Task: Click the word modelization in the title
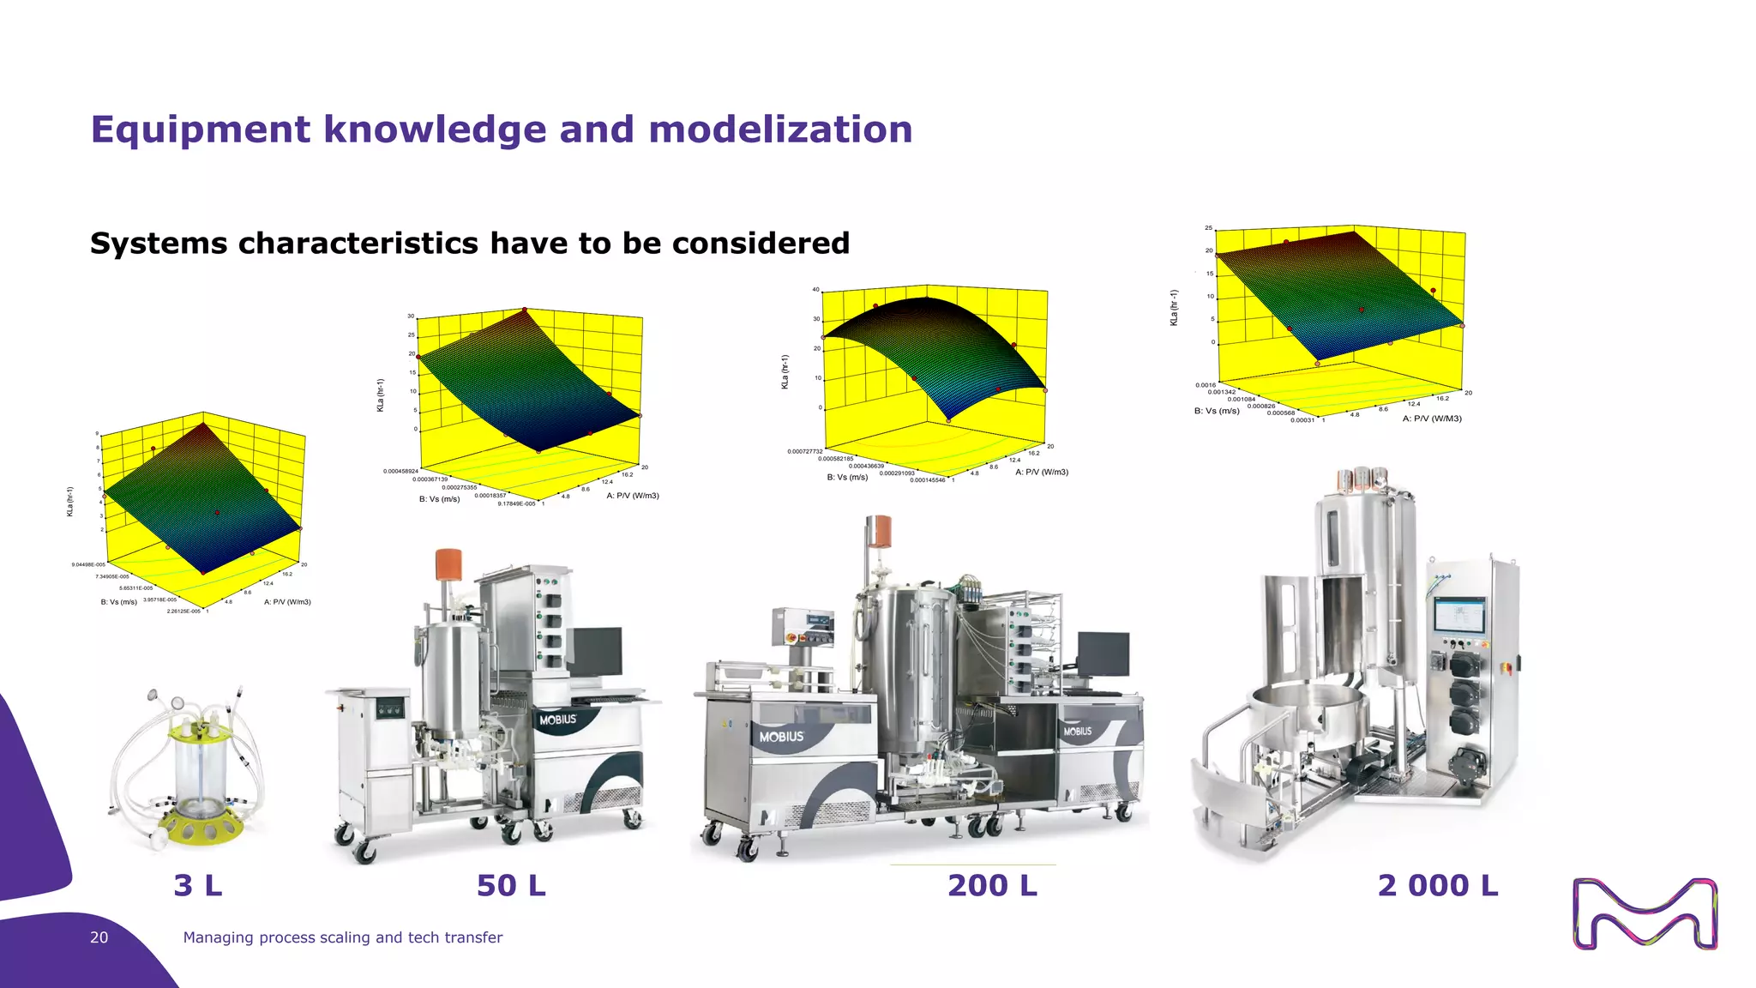[x=780, y=130]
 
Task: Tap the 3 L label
[x=198, y=885]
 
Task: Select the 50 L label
[x=511, y=885]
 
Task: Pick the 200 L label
[x=992, y=885]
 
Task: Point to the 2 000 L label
[x=1438, y=885]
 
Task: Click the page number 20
[x=99, y=937]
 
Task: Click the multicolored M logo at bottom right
[x=1645, y=914]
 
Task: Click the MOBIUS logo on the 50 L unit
[x=558, y=720]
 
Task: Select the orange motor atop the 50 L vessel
[x=448, y=564]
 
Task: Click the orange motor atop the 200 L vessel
[x=879, y=531]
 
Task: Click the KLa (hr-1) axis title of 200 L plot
[x=784, y=372]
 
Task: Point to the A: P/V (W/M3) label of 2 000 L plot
[x=1432, y=419]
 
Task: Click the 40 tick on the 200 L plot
[x=816, y=290]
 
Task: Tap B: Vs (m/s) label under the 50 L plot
[x=439, y=499]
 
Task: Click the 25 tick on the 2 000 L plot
[x=1208, y=228]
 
